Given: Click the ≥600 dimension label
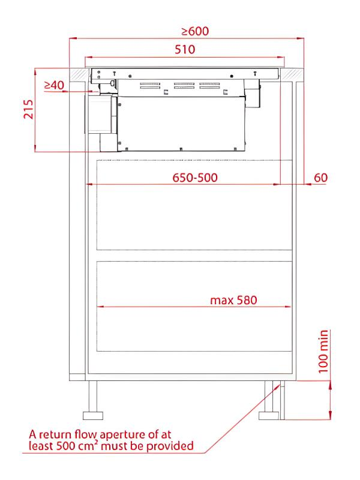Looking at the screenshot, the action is [195, 31].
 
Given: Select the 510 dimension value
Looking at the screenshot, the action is [185, 49].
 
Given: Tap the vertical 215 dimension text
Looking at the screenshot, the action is [28, 109].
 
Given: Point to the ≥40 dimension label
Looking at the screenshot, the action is [54, 85].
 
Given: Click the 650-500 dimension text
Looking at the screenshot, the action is [195, 178].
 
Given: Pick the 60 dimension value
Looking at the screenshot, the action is [321, 178].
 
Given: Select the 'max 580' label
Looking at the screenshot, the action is [233, 300].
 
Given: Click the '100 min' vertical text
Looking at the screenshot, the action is [323, 352].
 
